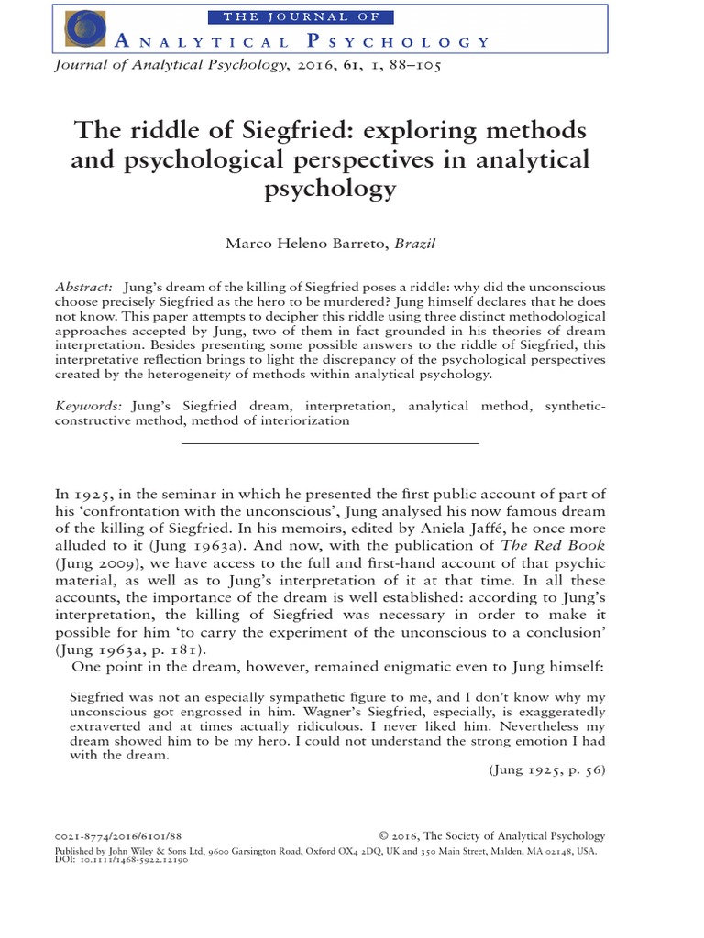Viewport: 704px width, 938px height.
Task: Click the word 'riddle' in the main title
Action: tap(162, 130)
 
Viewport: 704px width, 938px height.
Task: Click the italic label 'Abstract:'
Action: tap(83, 287)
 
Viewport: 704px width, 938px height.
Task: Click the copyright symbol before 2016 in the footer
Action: tap(383, 835)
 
